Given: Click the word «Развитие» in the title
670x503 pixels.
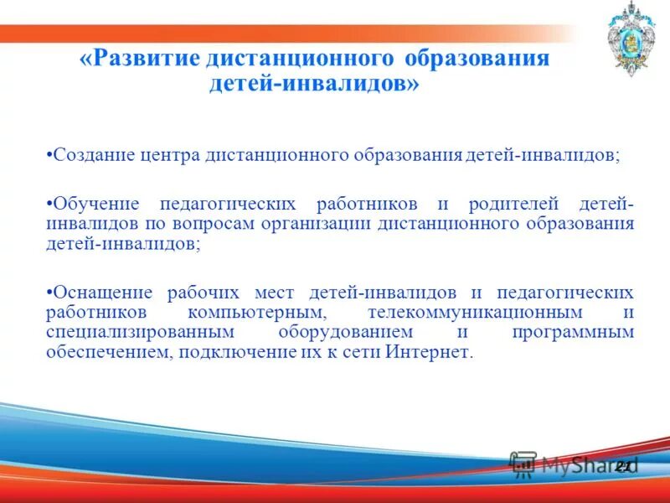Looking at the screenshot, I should pyautogui.click(x=147, y=60).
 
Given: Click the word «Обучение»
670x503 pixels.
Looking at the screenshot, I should pyautogui.click(x=92, y=205).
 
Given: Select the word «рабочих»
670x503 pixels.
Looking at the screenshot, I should pyautogui.click(x=202, y=293).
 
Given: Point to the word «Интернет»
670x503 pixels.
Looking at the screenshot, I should pyautogui.click(x=428, y=353).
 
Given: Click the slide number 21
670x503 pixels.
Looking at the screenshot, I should pyautogui.click(x=622, y=465).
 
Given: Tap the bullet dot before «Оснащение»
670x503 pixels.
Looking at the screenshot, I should pyautogui.click(x=49, y=293).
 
